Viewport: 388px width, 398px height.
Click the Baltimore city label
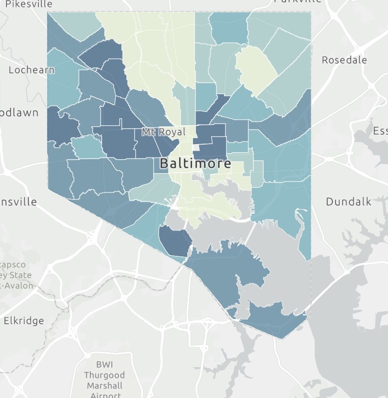(195, 164)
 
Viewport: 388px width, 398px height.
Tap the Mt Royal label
(164, 132)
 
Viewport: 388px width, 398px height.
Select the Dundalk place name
(348, 201)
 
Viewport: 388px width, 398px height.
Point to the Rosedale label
(344, 60)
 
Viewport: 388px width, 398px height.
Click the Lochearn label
(31, 70)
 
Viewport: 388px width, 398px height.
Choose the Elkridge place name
(23, 321)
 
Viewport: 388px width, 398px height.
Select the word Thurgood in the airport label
(104, 375)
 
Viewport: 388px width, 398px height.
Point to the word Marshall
(104, 386)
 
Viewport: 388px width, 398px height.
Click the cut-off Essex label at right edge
(380, 131)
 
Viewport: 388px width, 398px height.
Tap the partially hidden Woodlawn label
(19, 113)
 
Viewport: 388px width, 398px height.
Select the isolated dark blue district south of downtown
(175, 240)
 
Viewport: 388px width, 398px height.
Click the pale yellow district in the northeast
(256, 70)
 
